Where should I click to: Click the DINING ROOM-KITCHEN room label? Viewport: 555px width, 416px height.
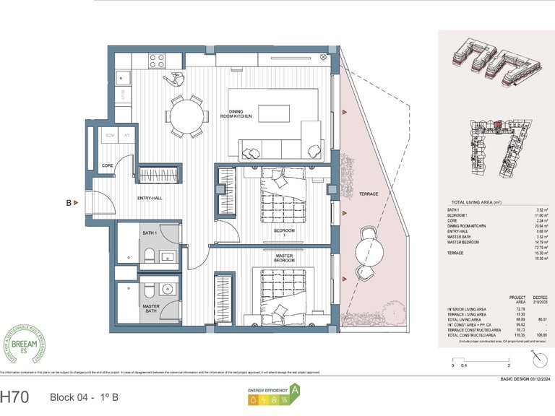pyautogui.click(x=236, y=115)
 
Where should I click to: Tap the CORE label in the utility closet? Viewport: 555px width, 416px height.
pyautogui.click(x=106, y=165)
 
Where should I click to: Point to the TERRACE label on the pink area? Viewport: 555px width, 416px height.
pyautogui.click(x=368, y=194)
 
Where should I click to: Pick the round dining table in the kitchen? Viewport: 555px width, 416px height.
pyautogui.click(x=186, y=116)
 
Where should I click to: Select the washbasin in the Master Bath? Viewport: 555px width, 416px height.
pyautogui.click(x=168, y=290)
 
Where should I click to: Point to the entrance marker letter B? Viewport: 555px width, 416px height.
pyautogui.click(x=69, y=204)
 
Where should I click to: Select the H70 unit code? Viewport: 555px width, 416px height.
pyautogui.click(x=16, y=396)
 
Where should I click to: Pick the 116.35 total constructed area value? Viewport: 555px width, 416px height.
pyautogui.click(x=516, y=335)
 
